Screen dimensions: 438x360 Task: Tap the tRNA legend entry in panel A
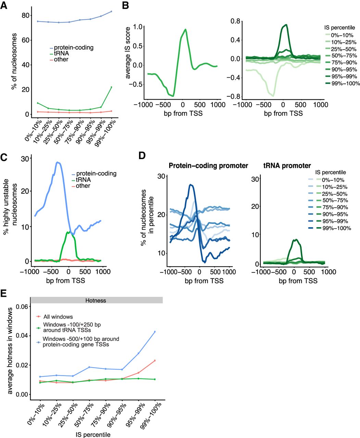pyautogui.click(x=61, y=54)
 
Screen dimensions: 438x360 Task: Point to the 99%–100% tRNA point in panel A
pyautogui.click(x=111, y=87)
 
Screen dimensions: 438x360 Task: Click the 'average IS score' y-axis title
pyautogui.click(x=128, y=53)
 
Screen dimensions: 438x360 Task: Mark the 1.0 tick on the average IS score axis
pyautogui.click(x=137, y=27)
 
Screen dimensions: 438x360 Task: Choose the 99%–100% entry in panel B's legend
pyautogui.click(x=346, y=83)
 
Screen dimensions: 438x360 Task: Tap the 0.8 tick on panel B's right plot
pyautogui.click(x=235, y=21)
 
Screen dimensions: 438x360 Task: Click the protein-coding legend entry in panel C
pyautogui.click(x=96, y=174)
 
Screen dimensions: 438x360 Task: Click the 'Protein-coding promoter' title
pyautogui.click(x=208, y=166)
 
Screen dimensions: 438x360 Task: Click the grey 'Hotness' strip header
pyautogui.click(x=96, y=300)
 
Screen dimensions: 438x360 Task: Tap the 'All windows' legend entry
pyautogui.click(x=58, y=317)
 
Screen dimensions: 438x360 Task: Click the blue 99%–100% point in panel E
pyautogui.click(x=155, y=332)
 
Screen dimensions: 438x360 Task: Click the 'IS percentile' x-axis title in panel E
pyautogui.click(x=93, y=435)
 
